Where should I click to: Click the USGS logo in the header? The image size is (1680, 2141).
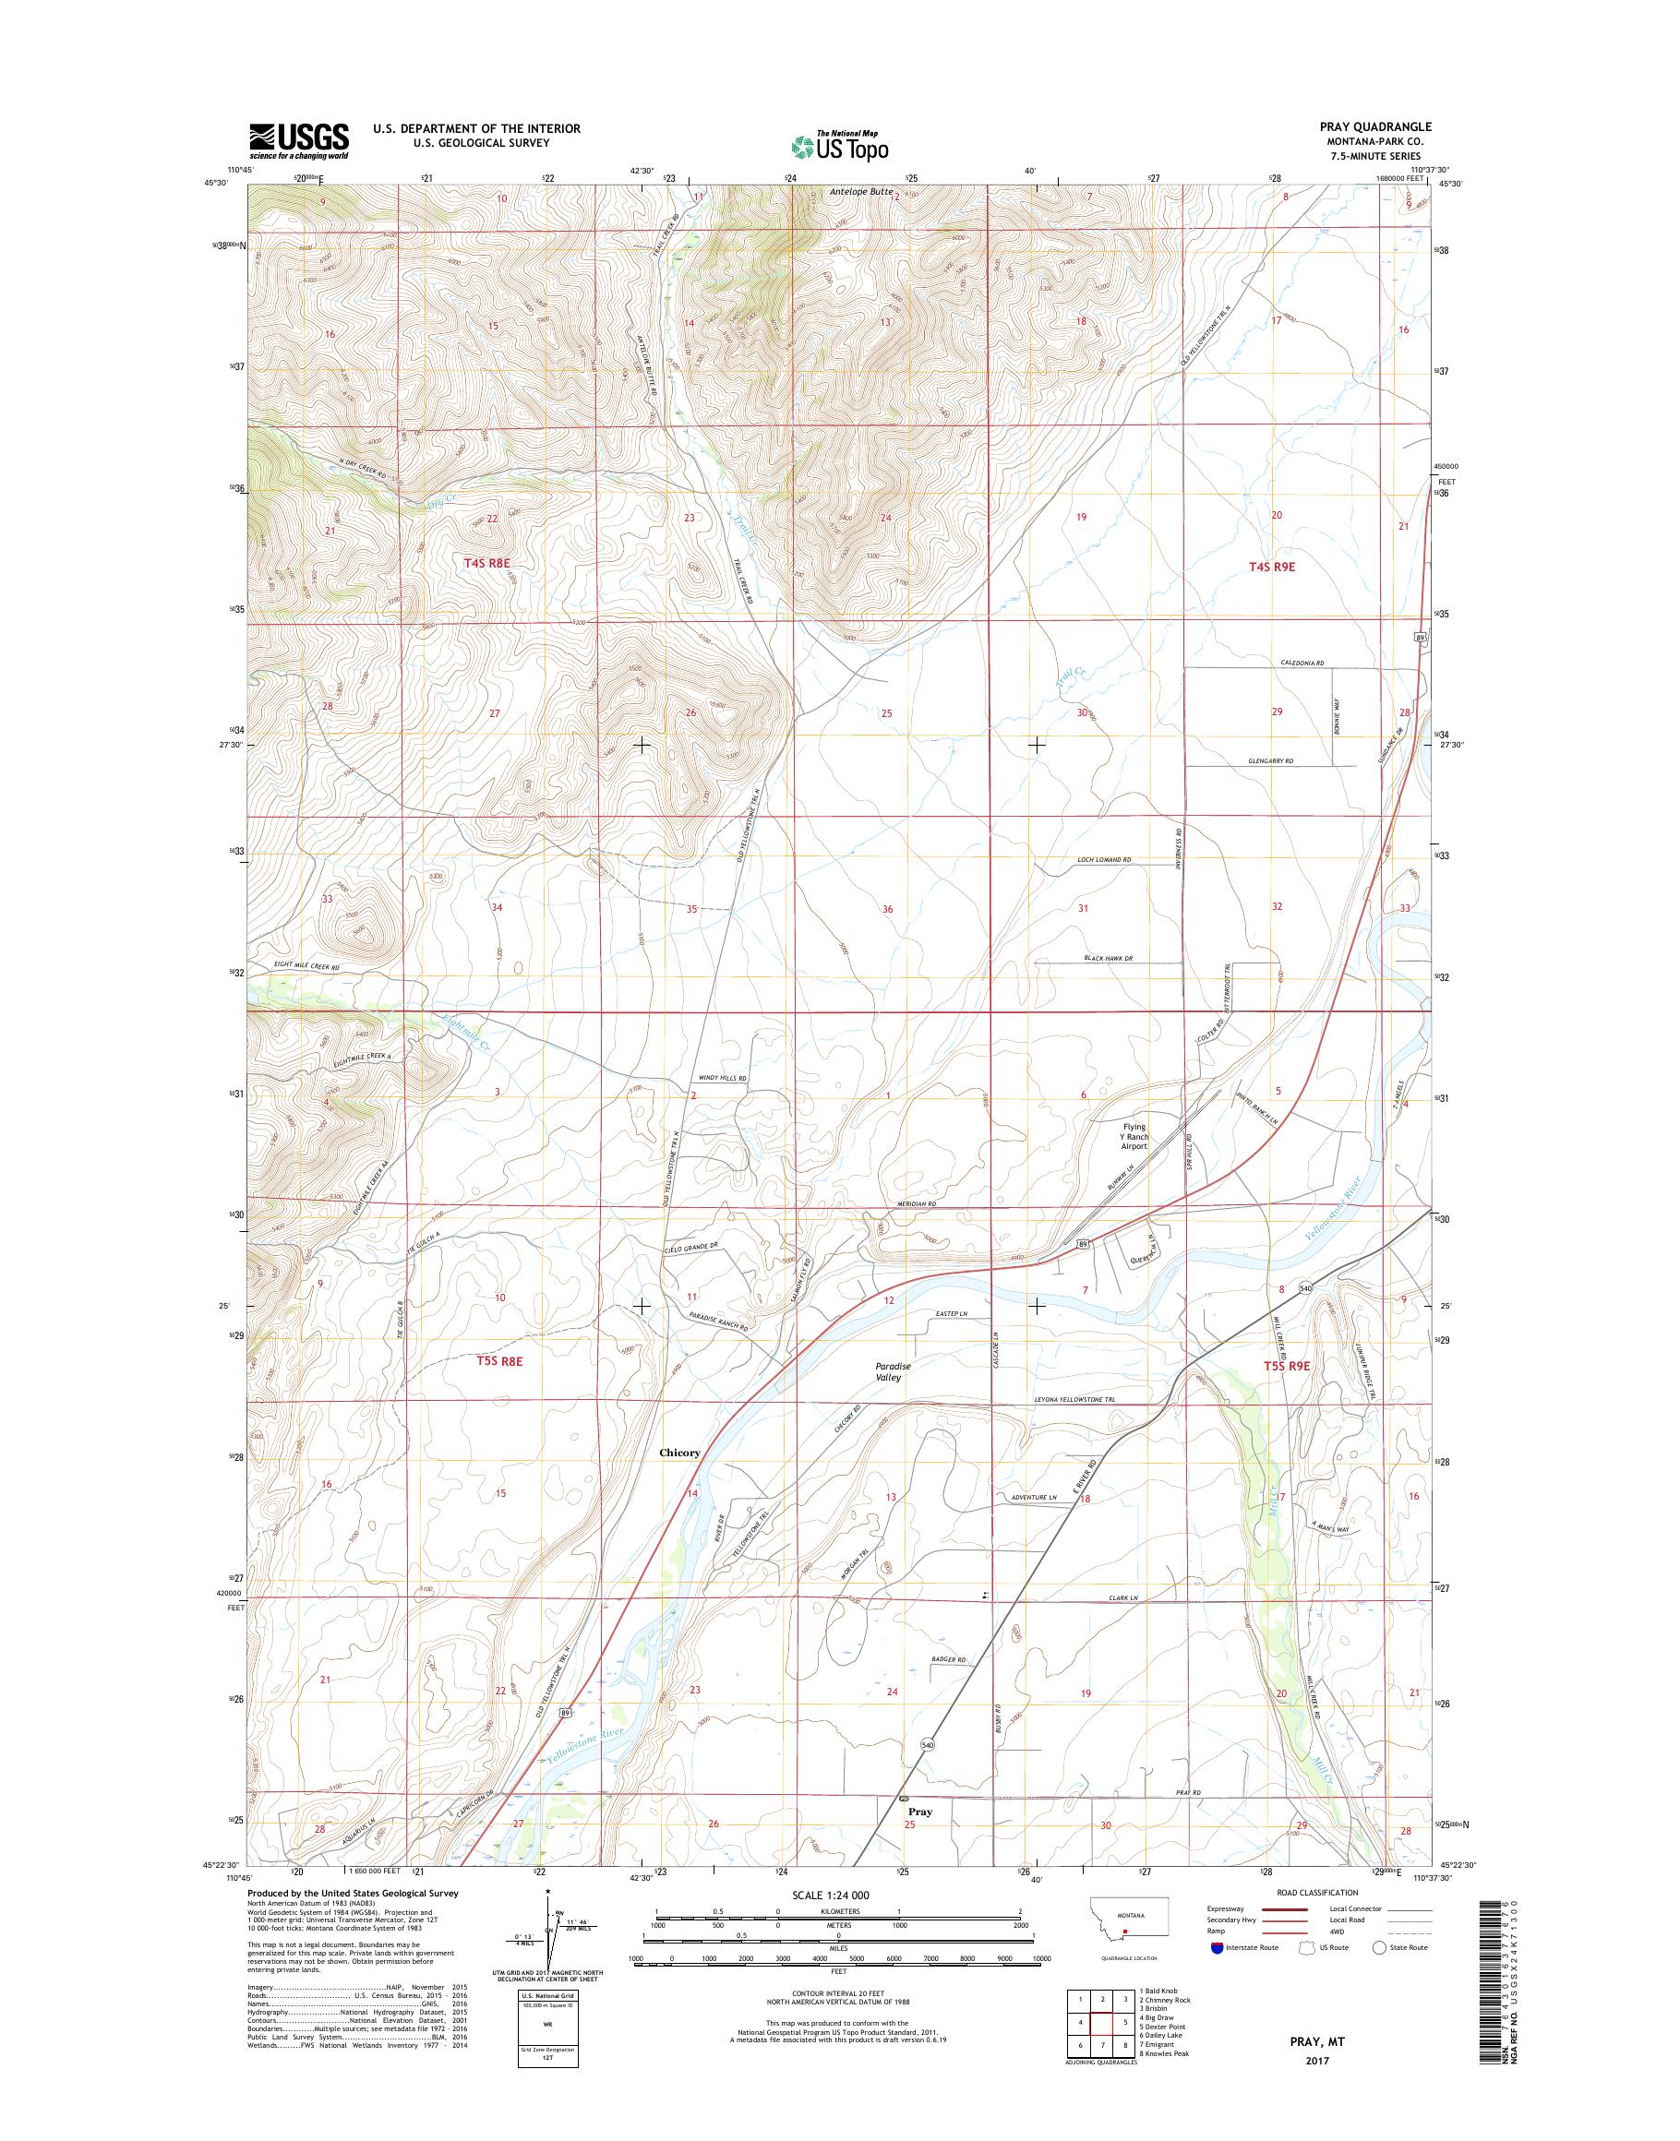[x=298, y=140]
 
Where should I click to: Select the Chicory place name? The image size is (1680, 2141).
[x=679, y=1453]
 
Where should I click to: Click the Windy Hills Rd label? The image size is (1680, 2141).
[x=723, y=1079]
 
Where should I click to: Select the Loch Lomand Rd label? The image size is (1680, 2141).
[x=1104, y=859]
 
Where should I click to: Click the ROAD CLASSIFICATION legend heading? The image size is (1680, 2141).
[x=1318, y=1892]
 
